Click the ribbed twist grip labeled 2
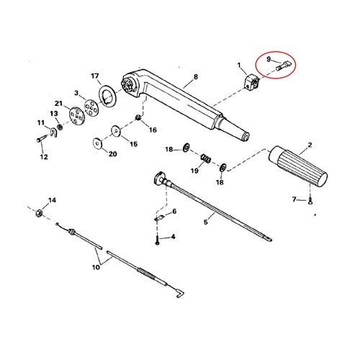tap(297, 166)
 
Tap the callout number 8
tap(196, 76)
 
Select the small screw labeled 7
tap(310, 201)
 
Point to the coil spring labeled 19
tap(206, 158)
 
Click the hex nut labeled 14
tap(39, 212)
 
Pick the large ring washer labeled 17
tap(107, 95)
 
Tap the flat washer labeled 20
tap(97, 143)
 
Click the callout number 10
tap(96, 267)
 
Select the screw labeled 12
tap(41, 139)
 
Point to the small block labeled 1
tap(251, 82)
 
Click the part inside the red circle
tap(284, 66)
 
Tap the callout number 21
tap(58, 104)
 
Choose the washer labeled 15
tap(116, 131)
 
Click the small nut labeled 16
tap(138, 117)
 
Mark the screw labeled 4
tap(157, 240)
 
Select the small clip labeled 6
tap(159, 218)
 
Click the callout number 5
tap(206, 222)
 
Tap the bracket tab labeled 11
tap(54, 132)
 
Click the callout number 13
tap(54, 113)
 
